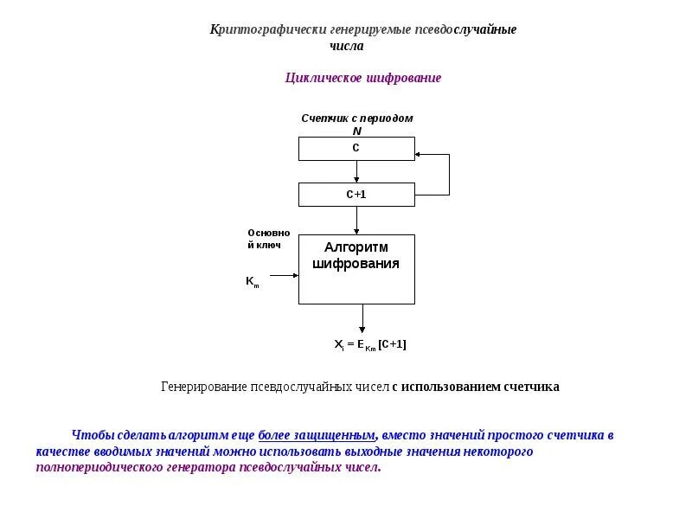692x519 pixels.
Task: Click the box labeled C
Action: pos(356,149)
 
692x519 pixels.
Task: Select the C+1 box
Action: pos(356,195)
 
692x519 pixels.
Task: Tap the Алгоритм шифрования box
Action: pos(356,268)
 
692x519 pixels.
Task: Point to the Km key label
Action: pos(252,281)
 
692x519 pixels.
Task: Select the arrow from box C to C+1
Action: pos(356,172)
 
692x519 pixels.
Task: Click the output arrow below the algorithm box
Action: pos(362,318)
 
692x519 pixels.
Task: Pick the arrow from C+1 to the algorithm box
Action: pos(356,221)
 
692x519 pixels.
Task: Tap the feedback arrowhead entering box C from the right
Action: pos(420,155)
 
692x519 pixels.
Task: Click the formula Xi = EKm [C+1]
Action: pos(370,344)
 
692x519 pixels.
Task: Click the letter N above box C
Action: pos(356,131)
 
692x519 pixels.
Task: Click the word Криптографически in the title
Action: pos(259,29)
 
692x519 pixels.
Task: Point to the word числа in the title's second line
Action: pos(347,46)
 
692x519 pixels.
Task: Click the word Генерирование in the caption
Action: pos(203,387)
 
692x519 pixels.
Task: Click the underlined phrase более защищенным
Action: pos(317,435)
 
